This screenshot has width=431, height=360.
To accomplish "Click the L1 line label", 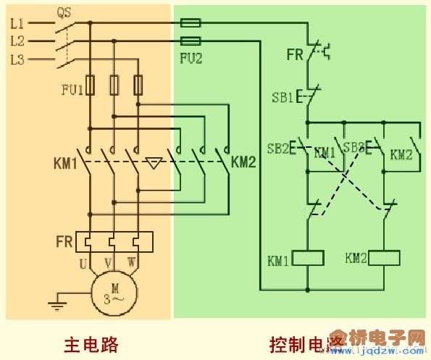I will click(18, 23).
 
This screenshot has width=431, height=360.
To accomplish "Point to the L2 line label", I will click(18, 41).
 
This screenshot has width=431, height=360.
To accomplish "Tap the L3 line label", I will click(18, 59).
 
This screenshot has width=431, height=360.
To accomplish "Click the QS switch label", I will click(64, 12).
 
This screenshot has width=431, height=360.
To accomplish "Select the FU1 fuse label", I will click(72, 90).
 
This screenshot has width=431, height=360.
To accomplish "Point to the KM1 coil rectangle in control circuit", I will click(309, 259).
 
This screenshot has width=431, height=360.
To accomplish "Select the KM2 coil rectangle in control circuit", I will click(385, 259).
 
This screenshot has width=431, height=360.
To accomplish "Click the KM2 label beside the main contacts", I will click(244, 162).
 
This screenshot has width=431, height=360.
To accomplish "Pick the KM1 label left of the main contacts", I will click(66, 162).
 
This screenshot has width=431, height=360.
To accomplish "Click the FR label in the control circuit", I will click(294, 54).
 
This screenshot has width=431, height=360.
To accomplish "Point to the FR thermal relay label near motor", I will click(65, 240).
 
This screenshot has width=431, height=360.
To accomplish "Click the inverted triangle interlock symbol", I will click(152, 162).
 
